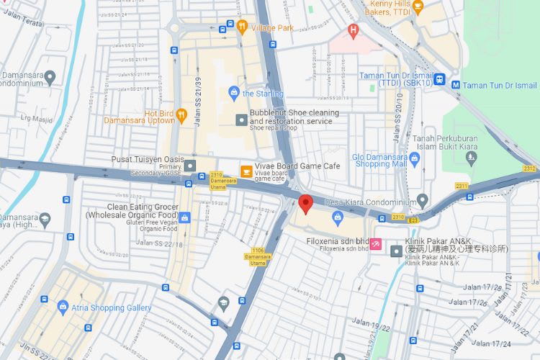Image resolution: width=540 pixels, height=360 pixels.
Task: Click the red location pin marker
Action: tap(305, 204)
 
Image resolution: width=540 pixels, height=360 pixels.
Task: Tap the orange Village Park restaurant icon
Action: tap(243, 27)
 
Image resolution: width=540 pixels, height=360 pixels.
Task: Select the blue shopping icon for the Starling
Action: tap(233, 93)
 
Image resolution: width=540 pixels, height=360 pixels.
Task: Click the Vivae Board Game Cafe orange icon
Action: tap(246, 170)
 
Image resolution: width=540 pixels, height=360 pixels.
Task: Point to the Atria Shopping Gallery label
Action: tap(111, 308)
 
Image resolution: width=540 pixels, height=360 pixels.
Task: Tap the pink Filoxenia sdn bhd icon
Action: tap(375, 245)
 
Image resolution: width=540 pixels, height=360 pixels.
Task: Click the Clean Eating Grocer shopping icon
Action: tap(184, 217)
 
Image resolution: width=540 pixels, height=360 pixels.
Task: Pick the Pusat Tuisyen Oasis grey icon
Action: tap(190, 166)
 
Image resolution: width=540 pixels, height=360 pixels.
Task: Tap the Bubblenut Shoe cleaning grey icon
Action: tap(240, 119)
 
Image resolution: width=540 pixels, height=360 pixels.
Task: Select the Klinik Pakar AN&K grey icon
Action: tap(395, 251)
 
